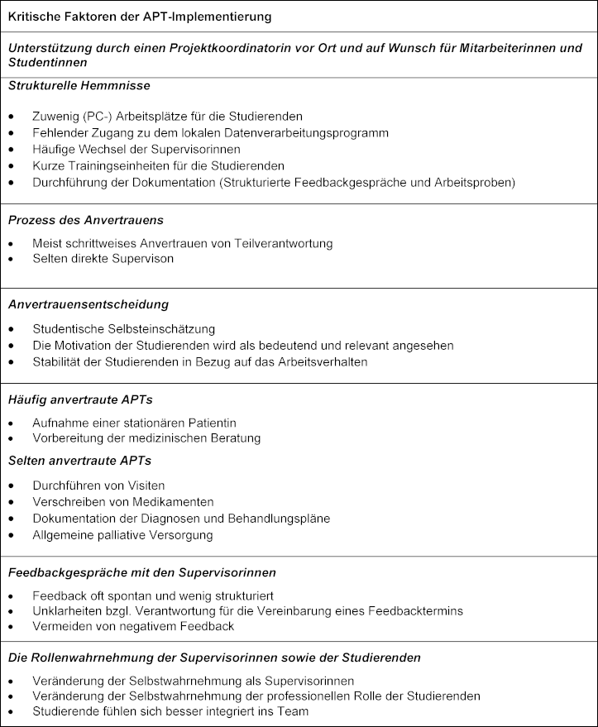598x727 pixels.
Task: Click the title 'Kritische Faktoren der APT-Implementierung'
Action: pyautogui.click(x=140, y=17)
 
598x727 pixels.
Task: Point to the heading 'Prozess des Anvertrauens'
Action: pyautogui.click(x=85, y=220)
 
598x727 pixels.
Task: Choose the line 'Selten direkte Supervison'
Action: pyautogui.click(x=103, y=259)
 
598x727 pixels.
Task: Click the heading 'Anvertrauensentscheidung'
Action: pyautogui.click(x=88, y=305)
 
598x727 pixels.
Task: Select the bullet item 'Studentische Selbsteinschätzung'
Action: pyautogui.click(x=123, y=329)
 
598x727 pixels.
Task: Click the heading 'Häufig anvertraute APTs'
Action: pyautogui.click(x=80, y=399)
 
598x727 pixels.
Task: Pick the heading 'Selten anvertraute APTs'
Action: pyautogui.click(x=79, y=461)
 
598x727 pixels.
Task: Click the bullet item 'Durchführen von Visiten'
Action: pyautogui.click(x=98, y=485)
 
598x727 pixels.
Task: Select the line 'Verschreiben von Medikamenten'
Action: pyautogui.click(x=123, y=502)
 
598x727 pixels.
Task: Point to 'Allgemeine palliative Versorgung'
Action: pyautogui.click(x=122, y=535)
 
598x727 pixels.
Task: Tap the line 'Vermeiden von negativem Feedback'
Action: pyautogui.click(x=133, y=626)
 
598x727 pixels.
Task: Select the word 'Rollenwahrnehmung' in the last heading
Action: pyautogui.click(x=86, y=658)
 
